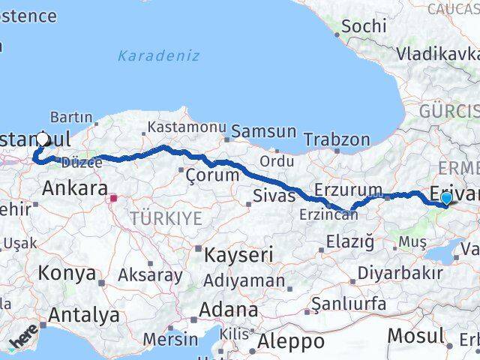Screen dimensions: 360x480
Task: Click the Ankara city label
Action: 75,188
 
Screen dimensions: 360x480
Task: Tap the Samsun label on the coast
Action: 263,132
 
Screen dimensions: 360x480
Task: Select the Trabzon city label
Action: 337,140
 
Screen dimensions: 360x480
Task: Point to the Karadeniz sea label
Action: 159,55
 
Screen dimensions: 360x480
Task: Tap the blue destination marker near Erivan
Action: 447,198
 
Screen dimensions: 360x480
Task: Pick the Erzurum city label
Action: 349,189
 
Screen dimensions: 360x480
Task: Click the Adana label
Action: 228,309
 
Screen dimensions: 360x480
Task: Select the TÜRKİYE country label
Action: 166,218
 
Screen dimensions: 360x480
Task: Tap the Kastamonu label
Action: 178,127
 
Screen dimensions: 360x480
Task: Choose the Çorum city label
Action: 212,175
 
